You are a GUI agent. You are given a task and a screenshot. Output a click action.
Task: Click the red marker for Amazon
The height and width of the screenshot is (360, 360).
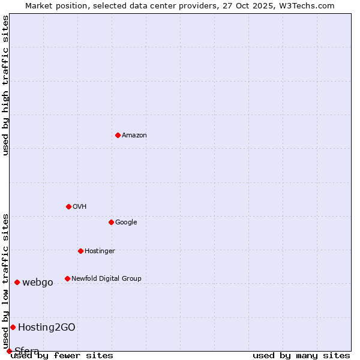[118, 135]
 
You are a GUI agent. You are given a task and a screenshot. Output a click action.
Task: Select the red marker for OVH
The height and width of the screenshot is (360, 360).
[68, 206]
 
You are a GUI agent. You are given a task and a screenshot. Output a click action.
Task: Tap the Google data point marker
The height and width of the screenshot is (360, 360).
[111, 222]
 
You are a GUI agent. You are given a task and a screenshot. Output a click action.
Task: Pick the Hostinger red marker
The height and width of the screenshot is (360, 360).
[80, 251]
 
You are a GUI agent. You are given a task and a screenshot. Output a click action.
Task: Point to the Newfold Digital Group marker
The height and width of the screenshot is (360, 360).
[67, 278]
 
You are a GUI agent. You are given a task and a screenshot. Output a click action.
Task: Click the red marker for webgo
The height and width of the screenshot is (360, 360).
[17, 282]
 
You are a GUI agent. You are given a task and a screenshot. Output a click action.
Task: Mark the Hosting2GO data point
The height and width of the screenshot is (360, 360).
[13, 327]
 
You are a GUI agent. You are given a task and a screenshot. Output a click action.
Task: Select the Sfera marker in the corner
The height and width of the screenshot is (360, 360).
[9, 351]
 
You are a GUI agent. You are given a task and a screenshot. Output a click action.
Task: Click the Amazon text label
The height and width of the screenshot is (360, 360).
[134, 136]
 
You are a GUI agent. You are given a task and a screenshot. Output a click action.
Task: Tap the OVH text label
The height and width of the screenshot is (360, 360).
[80, 207]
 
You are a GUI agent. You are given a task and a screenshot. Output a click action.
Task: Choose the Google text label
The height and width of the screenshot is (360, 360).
[126, 223]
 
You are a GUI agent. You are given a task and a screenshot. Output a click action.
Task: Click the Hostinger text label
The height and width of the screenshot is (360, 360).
[100, 251]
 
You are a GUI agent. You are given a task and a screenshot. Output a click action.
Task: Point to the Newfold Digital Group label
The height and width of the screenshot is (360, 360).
[106, 279]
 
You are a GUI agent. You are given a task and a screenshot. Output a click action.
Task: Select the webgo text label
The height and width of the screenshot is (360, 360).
[38, 283]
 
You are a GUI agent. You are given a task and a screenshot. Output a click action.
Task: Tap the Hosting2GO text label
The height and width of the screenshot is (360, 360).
[47, 328]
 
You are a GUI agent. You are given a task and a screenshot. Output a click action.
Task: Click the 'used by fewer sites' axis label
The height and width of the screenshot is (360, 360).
[62, 356]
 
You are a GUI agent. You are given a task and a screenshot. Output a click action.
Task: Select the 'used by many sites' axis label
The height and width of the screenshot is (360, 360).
[301, 356]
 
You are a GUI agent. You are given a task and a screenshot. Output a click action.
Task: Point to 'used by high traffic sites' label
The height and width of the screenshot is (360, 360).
[6, 85]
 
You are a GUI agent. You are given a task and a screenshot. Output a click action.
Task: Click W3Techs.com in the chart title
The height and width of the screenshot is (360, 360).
[306, 6]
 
